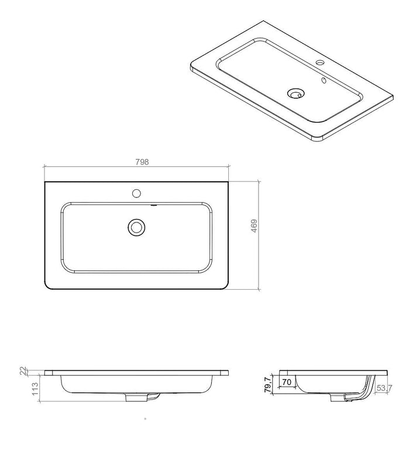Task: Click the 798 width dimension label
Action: click(142, 162)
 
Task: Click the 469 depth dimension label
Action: click(254, 226)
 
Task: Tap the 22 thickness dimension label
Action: click(23, 371)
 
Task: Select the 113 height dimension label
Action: click(35, 389)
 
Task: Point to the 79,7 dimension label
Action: click(268, 384)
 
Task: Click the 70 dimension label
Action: click(287, 383)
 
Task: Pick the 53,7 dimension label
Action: click(384, 388)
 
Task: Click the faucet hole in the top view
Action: click(136, 193)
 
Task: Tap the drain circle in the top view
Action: click(136, 227)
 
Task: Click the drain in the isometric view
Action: click(295, 93)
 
